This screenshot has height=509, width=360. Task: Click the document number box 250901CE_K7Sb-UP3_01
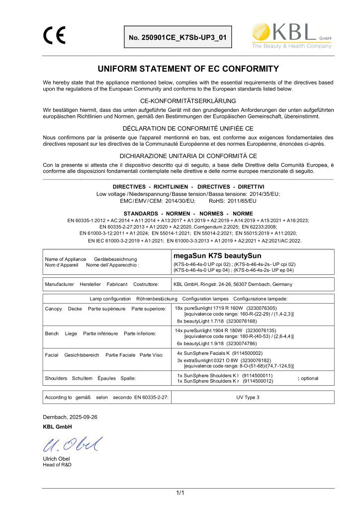point(178,37)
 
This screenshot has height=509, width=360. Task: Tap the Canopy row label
point(52,309)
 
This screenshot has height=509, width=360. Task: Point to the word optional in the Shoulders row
point(309,378)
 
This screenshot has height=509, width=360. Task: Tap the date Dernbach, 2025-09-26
point(70,417)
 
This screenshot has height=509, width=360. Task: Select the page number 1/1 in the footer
point(180,493)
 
